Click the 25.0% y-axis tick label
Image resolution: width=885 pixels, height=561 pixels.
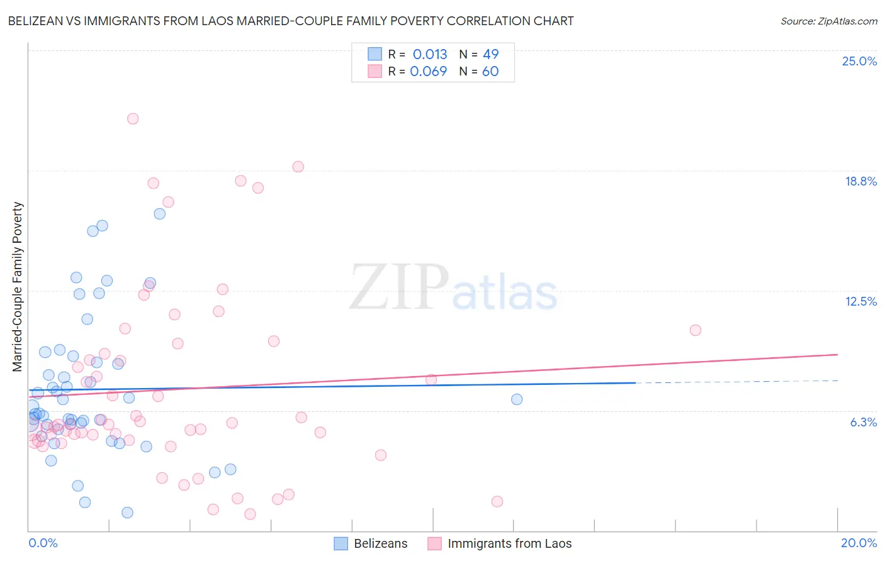(x=859, y=61)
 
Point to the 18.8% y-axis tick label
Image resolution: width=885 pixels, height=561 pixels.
(x=860, y=181)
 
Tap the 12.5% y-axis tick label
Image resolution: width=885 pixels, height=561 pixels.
(x=860, y=301)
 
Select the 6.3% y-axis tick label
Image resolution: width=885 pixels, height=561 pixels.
(x=863, y=422)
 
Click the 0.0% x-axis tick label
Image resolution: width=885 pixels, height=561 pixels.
(x=43, y=543)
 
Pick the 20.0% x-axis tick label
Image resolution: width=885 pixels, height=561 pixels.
(x=859, y=543)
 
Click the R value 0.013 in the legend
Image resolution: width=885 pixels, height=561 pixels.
(x=430, y=54)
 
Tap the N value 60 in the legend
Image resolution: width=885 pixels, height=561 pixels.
(x=490, y=71)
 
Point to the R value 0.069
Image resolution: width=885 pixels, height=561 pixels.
(x=429, y=71)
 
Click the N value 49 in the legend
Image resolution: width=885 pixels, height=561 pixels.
(x=490, y=54)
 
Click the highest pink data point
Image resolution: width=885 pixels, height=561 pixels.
(x=133, y=118)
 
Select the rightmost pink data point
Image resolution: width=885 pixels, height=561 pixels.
(x=696, y=330)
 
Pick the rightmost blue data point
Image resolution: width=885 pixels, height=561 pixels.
(x=517, y=399)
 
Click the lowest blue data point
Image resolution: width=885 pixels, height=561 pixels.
(x=127, y=513)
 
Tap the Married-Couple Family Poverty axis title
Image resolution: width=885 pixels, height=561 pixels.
(x=18, y=287)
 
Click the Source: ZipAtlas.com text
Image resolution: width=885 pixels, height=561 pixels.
(x=828, y=21)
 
